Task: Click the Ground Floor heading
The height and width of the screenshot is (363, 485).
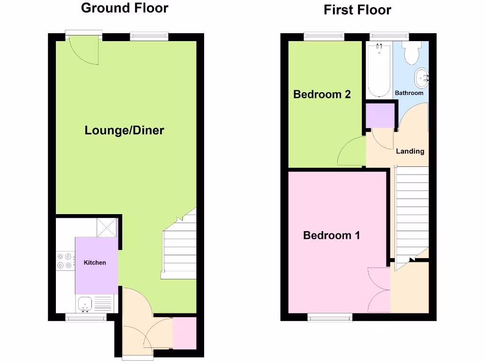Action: click(124, 8)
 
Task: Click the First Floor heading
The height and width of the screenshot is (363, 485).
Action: click(357, 10)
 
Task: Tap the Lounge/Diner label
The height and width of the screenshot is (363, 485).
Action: click(124, 130)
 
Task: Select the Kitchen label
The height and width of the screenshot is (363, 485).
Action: click(95, 263)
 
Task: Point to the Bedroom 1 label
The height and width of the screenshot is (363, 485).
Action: click(332, 235)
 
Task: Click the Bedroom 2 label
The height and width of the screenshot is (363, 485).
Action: click(322, 94)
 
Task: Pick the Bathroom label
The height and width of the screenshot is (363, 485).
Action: click(409, 93)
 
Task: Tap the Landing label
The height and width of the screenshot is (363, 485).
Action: click(410, 151)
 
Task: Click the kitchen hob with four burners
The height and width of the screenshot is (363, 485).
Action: click(65, 261)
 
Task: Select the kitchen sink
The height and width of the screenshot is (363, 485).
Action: click(85, 303)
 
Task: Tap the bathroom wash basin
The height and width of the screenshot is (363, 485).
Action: click(422, 77)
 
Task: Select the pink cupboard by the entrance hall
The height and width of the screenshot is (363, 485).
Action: click(184, 333)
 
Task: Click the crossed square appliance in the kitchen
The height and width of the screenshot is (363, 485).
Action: click(107, 227)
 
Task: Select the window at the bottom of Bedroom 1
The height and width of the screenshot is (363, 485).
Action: click(330, 317)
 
